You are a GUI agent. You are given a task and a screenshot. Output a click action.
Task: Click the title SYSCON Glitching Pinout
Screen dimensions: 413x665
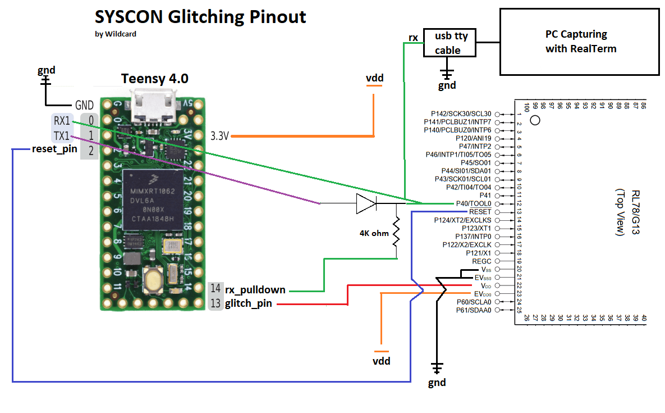tap(200, 17)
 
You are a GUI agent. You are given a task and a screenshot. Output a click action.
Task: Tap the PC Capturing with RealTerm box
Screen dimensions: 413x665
tap(580, 42)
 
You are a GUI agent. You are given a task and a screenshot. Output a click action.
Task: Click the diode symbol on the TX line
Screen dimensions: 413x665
tap(365, 203)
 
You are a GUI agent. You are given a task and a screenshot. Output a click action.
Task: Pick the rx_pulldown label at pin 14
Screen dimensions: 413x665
tap(255, 290)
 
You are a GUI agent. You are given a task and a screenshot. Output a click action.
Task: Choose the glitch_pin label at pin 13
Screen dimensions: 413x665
tap(249, 304)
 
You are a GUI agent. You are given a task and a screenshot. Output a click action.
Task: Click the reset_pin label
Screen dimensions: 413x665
tap(54, 149)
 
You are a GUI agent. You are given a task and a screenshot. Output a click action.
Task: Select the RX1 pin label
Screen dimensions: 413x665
tap(62, 120)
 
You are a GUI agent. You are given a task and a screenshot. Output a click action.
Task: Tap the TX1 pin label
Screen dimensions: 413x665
tap(62, 135)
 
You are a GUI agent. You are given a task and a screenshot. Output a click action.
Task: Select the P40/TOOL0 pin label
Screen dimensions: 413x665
tap(474, 203)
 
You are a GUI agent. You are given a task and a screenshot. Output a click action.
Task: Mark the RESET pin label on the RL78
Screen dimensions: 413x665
tap(480, 212)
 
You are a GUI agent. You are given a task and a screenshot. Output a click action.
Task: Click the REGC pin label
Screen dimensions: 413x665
tap(481, 261)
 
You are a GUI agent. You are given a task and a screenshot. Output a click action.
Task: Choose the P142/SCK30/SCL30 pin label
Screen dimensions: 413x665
tap(461, 114)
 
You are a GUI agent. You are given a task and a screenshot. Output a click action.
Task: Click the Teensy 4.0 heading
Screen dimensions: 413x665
tap(155, 79)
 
